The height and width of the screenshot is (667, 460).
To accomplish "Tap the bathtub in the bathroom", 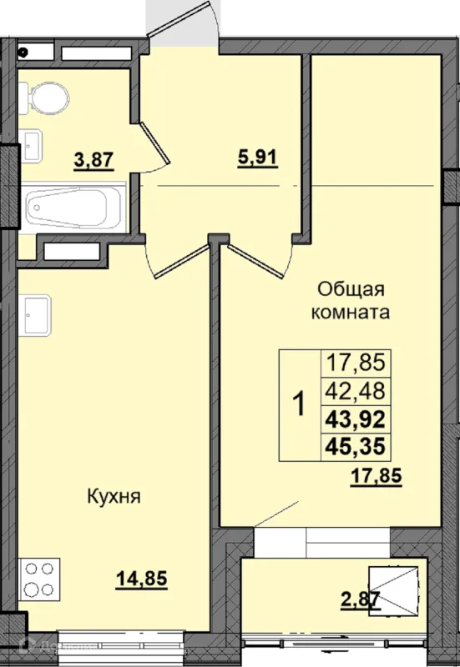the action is (73, 208).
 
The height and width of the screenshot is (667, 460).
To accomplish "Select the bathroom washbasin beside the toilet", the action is (30, 145).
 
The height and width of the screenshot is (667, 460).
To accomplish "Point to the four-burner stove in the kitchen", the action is (38, 579).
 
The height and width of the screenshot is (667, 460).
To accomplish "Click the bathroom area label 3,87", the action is (94, 160).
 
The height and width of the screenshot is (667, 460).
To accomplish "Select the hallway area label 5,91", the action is (258, 158).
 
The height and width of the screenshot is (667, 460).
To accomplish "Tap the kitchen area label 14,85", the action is (142, 579).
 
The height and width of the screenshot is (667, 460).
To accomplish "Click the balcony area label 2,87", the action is (361, 600).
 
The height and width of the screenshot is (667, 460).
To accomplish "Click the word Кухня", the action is (114, 496).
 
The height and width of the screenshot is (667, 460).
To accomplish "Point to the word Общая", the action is (351, 290).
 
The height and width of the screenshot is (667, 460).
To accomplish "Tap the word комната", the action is (351, 313).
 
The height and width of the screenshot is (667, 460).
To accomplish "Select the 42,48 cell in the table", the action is (356, 390).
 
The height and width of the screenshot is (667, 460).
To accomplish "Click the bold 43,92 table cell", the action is (356, 419).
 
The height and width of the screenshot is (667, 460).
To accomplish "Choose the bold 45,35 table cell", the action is (356, 447).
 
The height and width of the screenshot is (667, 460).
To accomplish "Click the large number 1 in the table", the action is (300, 404).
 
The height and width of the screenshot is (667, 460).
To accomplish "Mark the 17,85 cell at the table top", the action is (356, 363).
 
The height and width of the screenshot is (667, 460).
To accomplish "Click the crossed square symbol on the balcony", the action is (393, 590).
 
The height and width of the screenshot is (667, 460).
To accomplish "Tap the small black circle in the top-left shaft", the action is (23, 52).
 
